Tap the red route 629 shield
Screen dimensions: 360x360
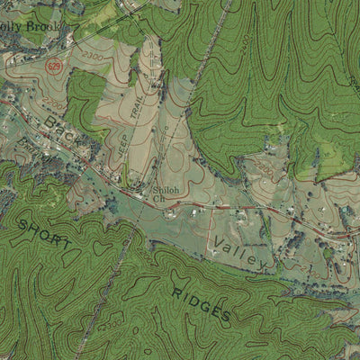[x=55, y=66]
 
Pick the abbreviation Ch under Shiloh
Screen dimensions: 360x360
[x=169, y=215]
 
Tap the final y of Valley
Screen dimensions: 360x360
[x=261, y=265]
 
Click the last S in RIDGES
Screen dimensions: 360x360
[x=226, y=316]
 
